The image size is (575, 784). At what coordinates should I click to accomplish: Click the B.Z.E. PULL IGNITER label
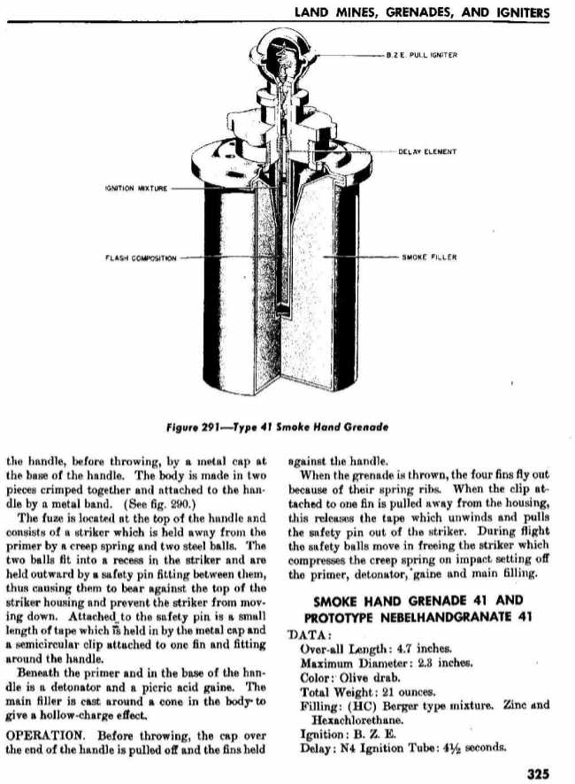[420, 55]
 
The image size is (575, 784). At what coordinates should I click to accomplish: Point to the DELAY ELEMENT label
[427, 151]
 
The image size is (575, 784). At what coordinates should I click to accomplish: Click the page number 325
[538, 772]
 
